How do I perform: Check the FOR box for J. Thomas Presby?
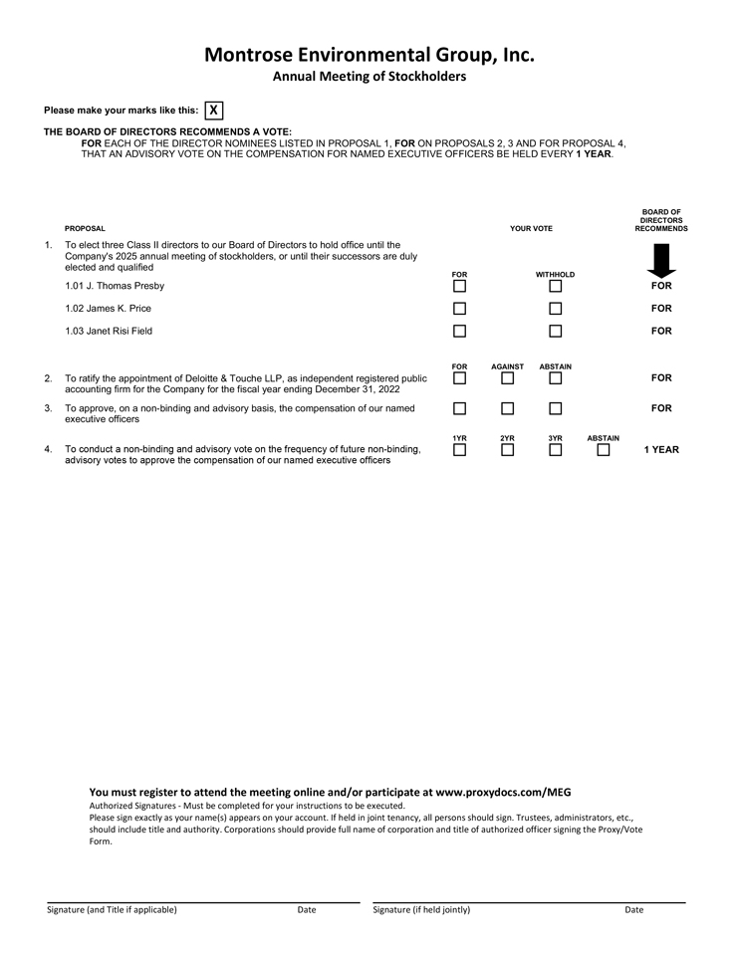pyautogui.click(x=459, y=287)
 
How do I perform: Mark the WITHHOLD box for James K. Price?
pyautogui.click(x=556, y=309)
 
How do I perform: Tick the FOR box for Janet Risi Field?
pyautogui.click(x=459, y=331)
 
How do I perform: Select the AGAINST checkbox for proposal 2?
pyautogui.click(x=507, y=378)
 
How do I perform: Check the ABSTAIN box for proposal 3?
pyautogui.click(x=556, y=408)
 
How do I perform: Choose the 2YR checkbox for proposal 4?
pyautogui.click(x=507, y=450)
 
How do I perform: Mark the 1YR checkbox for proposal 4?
pyautogui.click(x=459, y=450)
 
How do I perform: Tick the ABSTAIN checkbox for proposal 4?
pyautogui.click(x=604, y=450)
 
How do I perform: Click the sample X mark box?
pyautogui.click(x=214, y=111)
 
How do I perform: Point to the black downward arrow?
pyautogui.click(x=661, y=260)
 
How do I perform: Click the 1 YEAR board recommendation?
pyautogui.click(x=661, y=450)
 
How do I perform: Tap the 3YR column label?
pyautogui.click(x=556, y=438)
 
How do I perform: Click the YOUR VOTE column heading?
pyautogui.click(x=531, y=229)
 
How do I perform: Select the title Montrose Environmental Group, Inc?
pyautogui.click(x=369, y=55)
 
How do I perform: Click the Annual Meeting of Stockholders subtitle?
pyautogui.click(x=369, y=77)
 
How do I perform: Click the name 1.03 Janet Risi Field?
pyautogui.click(x=109, y=331)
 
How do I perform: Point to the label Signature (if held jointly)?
pyautogui.click(x=421, y=909)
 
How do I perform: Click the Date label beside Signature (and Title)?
pyautogui.click(x=307, y=909)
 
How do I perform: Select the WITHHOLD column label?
pyautogui.click(x=555, y=275)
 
